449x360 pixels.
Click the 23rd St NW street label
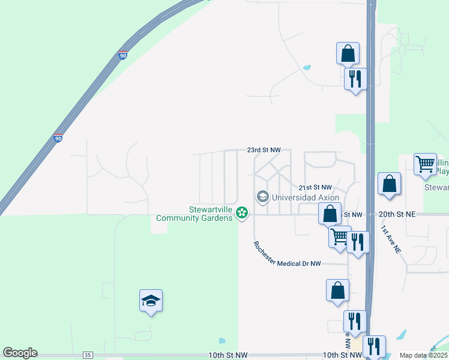(x=264, y=149)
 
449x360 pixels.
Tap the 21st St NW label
(x=315, y=188)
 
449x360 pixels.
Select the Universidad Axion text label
(x=306, y=197)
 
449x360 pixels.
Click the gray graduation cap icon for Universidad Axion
(x=262, y=196)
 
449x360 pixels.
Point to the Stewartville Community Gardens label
(x=194, y=214)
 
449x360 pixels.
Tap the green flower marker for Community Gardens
(x=242, y=212)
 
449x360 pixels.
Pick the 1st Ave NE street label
(x=390, y=239)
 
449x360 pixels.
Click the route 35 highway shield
(x=88, y=355)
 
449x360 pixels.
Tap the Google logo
(x=20, y=353)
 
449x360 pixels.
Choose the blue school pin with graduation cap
(x=151, y=301)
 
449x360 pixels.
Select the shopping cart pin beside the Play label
(x=425, y=164)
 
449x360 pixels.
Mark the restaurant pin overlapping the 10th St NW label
(x=374, y=347)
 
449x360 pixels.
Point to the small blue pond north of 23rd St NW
(x=307, y=68)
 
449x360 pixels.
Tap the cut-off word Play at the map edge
(x=442, y=171)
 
